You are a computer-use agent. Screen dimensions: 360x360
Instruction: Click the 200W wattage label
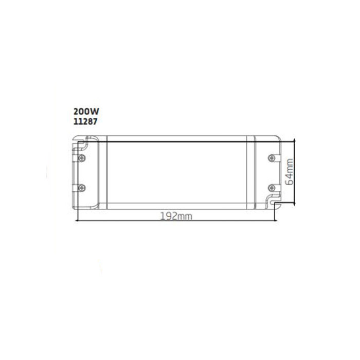(86, 112)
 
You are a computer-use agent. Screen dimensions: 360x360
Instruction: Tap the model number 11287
(85, 122)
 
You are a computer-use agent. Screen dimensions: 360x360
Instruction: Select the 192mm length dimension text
(176, 217)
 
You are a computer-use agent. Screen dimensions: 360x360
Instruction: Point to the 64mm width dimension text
(290, 171)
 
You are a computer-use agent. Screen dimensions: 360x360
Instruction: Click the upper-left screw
(82, 158)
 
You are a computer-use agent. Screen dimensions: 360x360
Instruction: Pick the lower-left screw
(82, 188)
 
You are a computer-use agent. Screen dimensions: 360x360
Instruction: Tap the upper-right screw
(272, 158)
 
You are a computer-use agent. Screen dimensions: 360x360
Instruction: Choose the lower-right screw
(272, 188)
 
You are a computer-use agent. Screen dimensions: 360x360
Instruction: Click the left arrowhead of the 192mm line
(77, 221)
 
